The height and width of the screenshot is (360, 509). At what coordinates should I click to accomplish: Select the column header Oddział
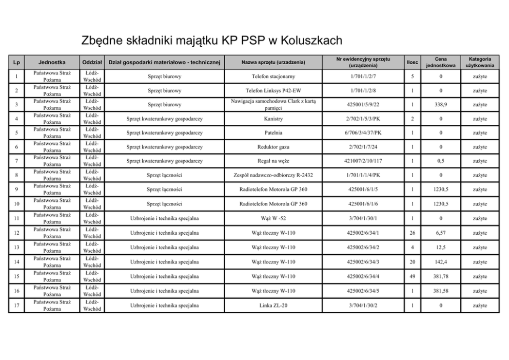click(x=93, y=63)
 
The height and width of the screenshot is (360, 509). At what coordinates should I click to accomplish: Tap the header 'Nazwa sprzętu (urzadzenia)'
click(x=273, y=63)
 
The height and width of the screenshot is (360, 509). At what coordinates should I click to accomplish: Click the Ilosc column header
click(x=412, y=63)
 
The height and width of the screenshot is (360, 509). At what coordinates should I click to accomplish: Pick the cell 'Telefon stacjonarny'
click(x=273, y=77)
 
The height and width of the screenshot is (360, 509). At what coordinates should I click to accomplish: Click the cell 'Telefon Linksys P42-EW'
click(x=273, y=91)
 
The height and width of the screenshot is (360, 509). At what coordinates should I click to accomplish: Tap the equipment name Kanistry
click(x=273, y=119)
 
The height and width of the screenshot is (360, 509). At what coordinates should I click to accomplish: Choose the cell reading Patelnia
click(x=273, y=133)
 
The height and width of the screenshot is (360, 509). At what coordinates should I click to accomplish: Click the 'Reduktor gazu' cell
click(x=273, y=147)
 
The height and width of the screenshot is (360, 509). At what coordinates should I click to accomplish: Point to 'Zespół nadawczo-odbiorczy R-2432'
click(x=273, y=176)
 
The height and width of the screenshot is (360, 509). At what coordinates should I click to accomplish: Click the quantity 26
click(x=412, y=233)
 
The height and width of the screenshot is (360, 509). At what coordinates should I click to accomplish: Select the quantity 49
click(x=412, y=277)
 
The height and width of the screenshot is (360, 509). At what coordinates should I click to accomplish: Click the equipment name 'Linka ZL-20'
click(x=273, y=306)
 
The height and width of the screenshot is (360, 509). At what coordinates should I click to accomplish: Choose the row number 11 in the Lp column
click(x=17, y=219)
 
